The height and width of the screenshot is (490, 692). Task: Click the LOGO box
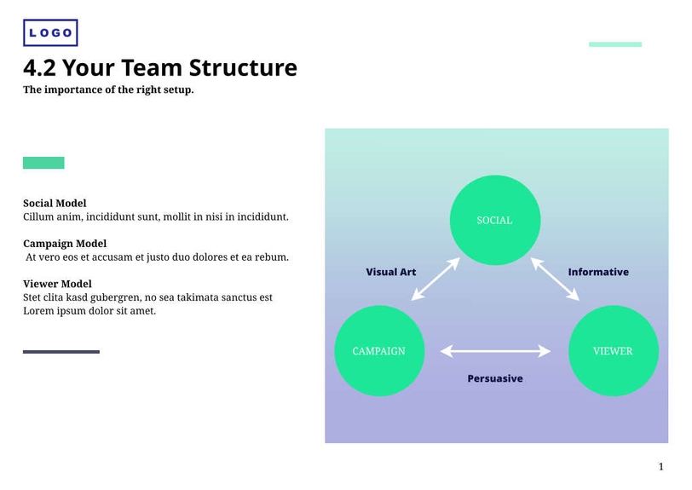pyautogui.click(x=50, y=32)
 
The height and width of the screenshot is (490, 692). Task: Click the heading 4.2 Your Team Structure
pyautogui.click(x=160, y=67)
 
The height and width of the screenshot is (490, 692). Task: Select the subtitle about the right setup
pyautogui.click(x=108, y=89)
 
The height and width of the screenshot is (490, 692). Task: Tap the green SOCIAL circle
pyautogui.click(x=494, y=220)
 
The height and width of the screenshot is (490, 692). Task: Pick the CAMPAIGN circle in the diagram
pyautogui.click(x=378, y=351)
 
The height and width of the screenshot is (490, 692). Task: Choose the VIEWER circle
pyautogui.click(x=613, y=351)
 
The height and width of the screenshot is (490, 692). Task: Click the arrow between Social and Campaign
pyautogui.click(x=435, y=279)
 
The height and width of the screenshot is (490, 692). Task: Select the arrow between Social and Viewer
pyautogui.click(x=555, y=279)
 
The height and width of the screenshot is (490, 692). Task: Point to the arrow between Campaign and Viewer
pyautogui.click(x=495, y=350)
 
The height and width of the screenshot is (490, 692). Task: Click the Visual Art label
pyautogui.click(x=391, y=272)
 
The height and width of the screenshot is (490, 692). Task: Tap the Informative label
pyautogui.click(x=598, y=272)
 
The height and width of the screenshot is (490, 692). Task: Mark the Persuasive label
pyautogui.click(x=495, y=378)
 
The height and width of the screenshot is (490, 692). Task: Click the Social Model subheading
pyautogui.click(x=55, y=203)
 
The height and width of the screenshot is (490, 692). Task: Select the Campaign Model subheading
pyautogui.click(x=65, y=243)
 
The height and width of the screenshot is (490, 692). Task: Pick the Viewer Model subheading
pyautogui.click(x=57, y=283)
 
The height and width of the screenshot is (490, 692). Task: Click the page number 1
pyautogui.click(x=660, y=466)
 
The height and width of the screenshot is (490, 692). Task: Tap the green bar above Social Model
pyautogui.click(x=43, y=163)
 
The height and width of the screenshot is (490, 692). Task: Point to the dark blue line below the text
pyautogui.click(x=61, y=351)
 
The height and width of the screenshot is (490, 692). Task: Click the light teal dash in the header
pyautogui.click(x=615, y=44)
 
